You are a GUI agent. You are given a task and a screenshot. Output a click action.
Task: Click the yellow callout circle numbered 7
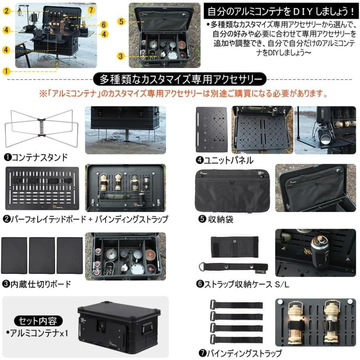(x=91, y=9)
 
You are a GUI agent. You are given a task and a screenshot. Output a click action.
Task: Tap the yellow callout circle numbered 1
(x=6, y=72)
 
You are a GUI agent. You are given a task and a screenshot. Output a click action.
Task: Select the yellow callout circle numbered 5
(x=122, y=21)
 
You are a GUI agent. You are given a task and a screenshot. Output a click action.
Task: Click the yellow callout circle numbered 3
(x=122, y=56)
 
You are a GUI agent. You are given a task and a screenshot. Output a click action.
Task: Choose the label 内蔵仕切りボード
(x=37, y=284)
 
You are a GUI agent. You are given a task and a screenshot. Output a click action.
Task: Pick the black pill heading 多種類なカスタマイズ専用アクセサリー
(x=180, y=79)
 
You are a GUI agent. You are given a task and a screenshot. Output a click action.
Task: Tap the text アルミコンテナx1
(x=37, y=332)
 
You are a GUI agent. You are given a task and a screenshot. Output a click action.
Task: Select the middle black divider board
(x=42, y=255)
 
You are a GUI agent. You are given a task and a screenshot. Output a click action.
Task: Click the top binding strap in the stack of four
(x=236, y=305)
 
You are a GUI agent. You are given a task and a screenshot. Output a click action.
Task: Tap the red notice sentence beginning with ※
(x=183, y=94)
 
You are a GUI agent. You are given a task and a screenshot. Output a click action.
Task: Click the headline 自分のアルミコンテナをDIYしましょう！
(x=278, y=9)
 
